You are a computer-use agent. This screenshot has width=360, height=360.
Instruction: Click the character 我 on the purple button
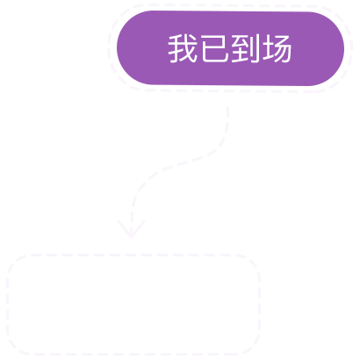[183, 48]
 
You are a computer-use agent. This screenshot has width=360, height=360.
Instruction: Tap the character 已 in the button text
[214, 48]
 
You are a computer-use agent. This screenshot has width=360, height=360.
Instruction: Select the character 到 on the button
[245, 48]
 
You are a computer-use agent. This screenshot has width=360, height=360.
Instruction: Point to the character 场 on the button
[277, 48]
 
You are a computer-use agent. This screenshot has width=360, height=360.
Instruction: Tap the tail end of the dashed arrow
[227, 108]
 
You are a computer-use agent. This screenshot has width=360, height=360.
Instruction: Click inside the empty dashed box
[133, 305]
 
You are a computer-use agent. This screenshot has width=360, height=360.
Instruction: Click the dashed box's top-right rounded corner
[252, 262]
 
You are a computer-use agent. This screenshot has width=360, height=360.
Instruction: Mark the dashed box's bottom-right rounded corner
[252, 348]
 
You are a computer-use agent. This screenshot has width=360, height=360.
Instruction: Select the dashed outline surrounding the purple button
[230, 5]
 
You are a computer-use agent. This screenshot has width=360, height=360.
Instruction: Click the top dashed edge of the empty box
[133, 255]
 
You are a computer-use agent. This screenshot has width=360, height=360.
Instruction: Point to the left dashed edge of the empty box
[8, 305]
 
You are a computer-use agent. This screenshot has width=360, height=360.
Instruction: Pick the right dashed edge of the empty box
[259, 305]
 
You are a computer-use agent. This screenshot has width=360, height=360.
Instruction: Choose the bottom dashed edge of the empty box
[133, 354]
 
